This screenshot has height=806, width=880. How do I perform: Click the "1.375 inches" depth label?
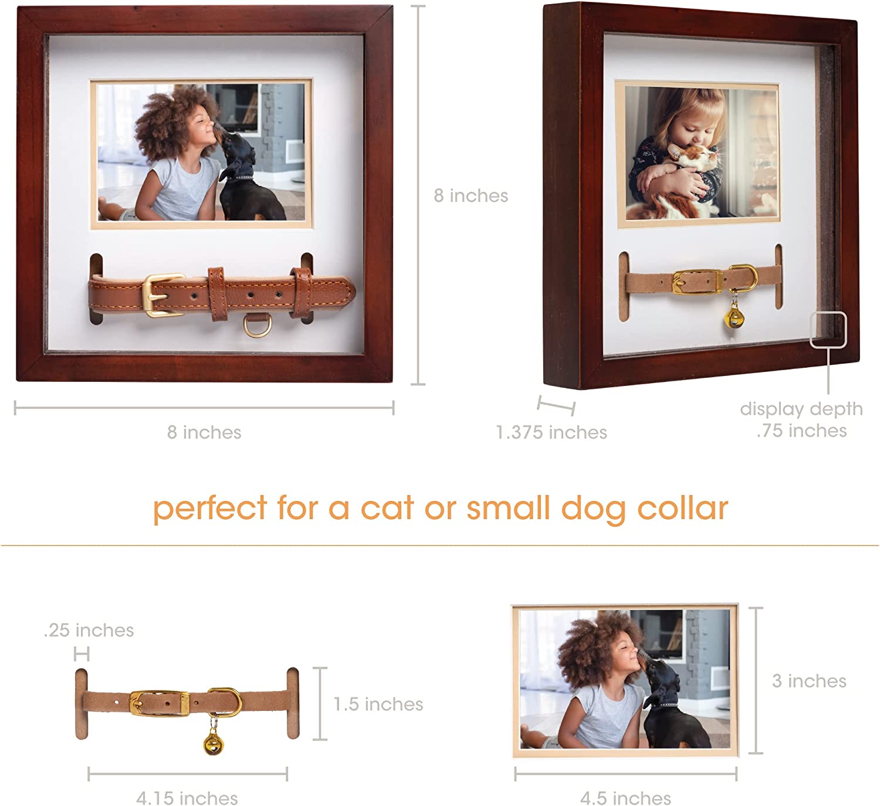(x=551, y=432)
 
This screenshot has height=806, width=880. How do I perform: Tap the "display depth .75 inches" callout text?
(x=801, y=419)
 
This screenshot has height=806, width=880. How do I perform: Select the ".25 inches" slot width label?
(x=89, y=631)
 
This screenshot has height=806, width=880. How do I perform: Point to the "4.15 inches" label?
(x=187, y=798)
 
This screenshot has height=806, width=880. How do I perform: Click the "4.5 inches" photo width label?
(x=625, y=798)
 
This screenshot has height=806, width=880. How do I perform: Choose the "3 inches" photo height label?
(x=810, y=681)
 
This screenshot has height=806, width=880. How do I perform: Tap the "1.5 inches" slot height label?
(x=378, y=704)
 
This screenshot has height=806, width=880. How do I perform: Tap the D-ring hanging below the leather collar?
(x=258, y=326)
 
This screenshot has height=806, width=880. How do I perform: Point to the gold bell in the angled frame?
(x=733, y=316)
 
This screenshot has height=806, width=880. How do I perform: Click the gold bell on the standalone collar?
(x=213, y=742)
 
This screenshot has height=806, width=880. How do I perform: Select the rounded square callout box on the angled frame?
(x=828, y=330)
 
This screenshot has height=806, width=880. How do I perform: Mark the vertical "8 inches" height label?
(x=471, y=196)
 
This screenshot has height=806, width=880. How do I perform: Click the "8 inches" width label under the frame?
(x=204, y=432)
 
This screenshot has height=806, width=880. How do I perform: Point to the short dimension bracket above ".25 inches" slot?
(x=82, y=653)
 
